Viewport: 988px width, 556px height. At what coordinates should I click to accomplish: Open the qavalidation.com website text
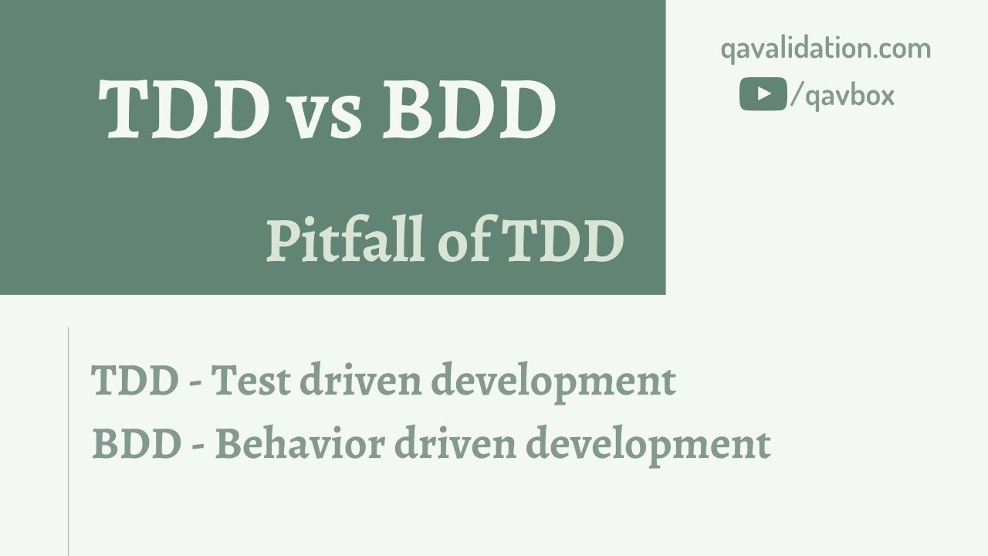[x=826, y=49]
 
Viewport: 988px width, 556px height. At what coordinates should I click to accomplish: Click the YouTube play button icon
[x=763, y=94]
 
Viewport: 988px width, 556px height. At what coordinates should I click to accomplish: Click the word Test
[x=249, y=381]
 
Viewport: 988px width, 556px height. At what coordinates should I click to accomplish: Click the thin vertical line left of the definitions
[x=69, y=440]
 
